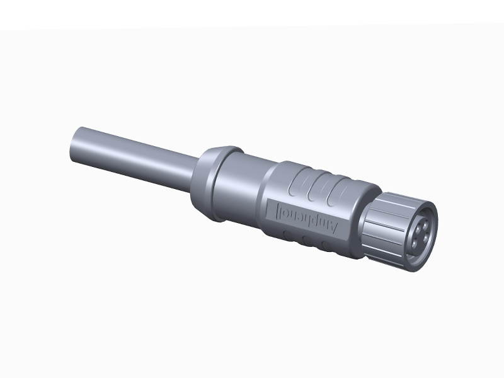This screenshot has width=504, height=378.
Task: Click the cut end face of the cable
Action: point(74,145)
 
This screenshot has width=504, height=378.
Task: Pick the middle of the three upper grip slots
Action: point(319,188)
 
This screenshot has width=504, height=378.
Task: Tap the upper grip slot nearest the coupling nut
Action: point(338,192)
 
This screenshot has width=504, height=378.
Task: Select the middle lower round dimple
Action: point(307,241)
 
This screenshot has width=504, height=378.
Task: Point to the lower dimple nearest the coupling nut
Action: point(326,246)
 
